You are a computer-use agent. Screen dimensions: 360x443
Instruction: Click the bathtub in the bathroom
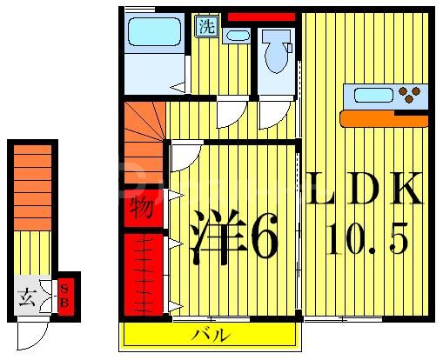[x=154, y=33]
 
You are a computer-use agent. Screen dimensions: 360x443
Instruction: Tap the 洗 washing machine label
[x=205, y=26]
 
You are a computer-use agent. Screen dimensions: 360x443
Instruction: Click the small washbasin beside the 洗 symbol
[x=235, y=36]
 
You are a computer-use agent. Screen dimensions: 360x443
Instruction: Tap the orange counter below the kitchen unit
[x=384, y=117]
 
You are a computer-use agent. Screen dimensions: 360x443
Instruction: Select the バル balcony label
[x=211, y=335]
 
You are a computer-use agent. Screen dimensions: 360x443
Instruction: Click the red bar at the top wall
[x=260, y=17]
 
